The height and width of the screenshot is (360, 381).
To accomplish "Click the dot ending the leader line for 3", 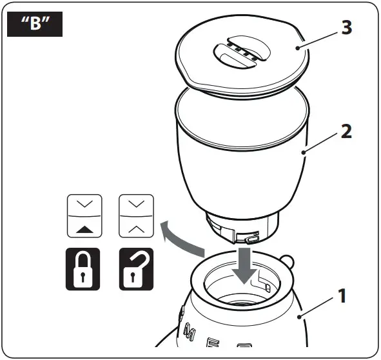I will [x=297, y=48].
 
